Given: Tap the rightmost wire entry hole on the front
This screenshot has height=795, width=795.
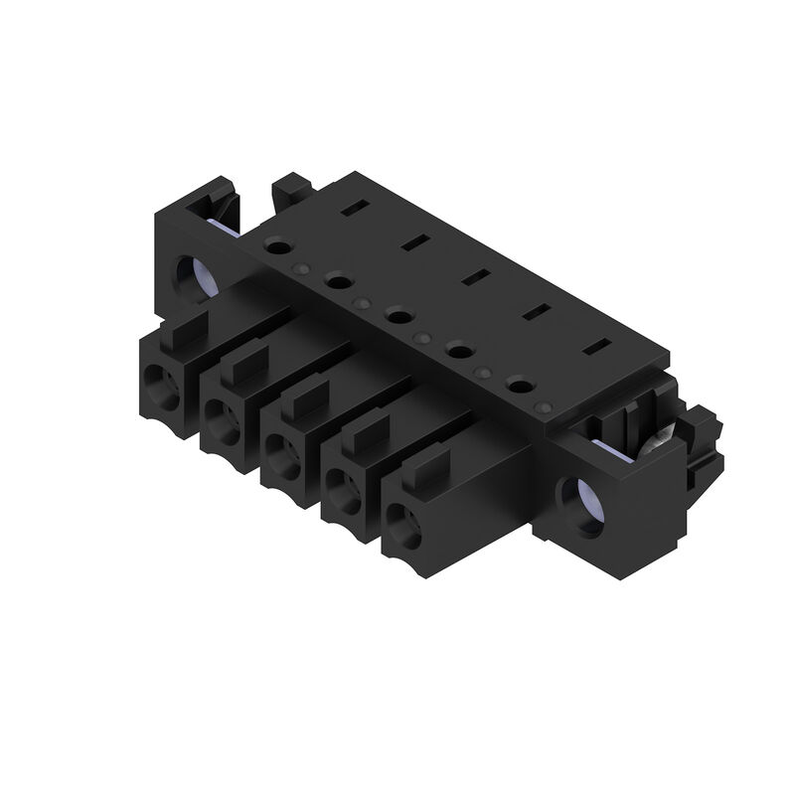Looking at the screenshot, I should click(399, 518).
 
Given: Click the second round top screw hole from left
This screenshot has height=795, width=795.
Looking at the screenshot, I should click(338, 281).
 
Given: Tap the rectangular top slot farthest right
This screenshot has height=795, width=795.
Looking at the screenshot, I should click(597, 348).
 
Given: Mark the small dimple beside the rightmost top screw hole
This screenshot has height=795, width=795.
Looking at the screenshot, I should click(542, 407).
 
